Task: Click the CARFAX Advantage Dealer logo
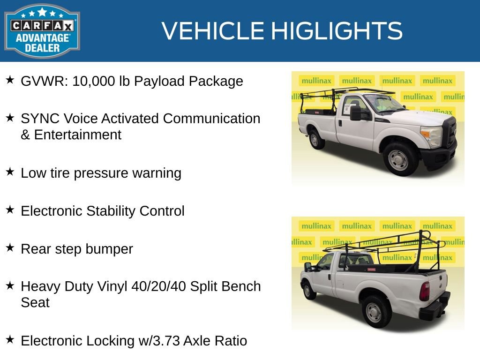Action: point(42,31)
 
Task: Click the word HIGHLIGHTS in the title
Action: point(337,31)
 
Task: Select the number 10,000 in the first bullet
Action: point(91,81)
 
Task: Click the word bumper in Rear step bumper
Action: point(112,249)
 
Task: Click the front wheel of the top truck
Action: point(398,159)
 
